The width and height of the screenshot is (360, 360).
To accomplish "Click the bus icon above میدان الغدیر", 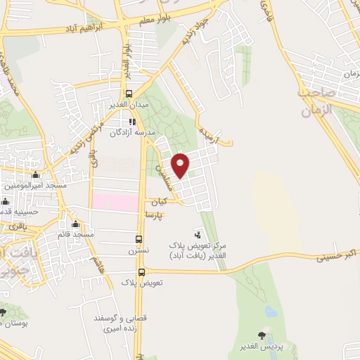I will pos(128,94).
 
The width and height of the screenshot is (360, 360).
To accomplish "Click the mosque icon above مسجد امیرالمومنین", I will pos(36,175).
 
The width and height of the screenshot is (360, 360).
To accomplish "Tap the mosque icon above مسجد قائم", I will pos(75,224).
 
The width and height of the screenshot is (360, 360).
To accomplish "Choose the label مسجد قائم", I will pos(76,233).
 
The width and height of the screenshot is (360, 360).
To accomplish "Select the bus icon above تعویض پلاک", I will pos(141,272).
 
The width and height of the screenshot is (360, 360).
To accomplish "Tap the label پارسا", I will pos(154,213).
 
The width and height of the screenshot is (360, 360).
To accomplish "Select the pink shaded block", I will pos(115,202).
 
